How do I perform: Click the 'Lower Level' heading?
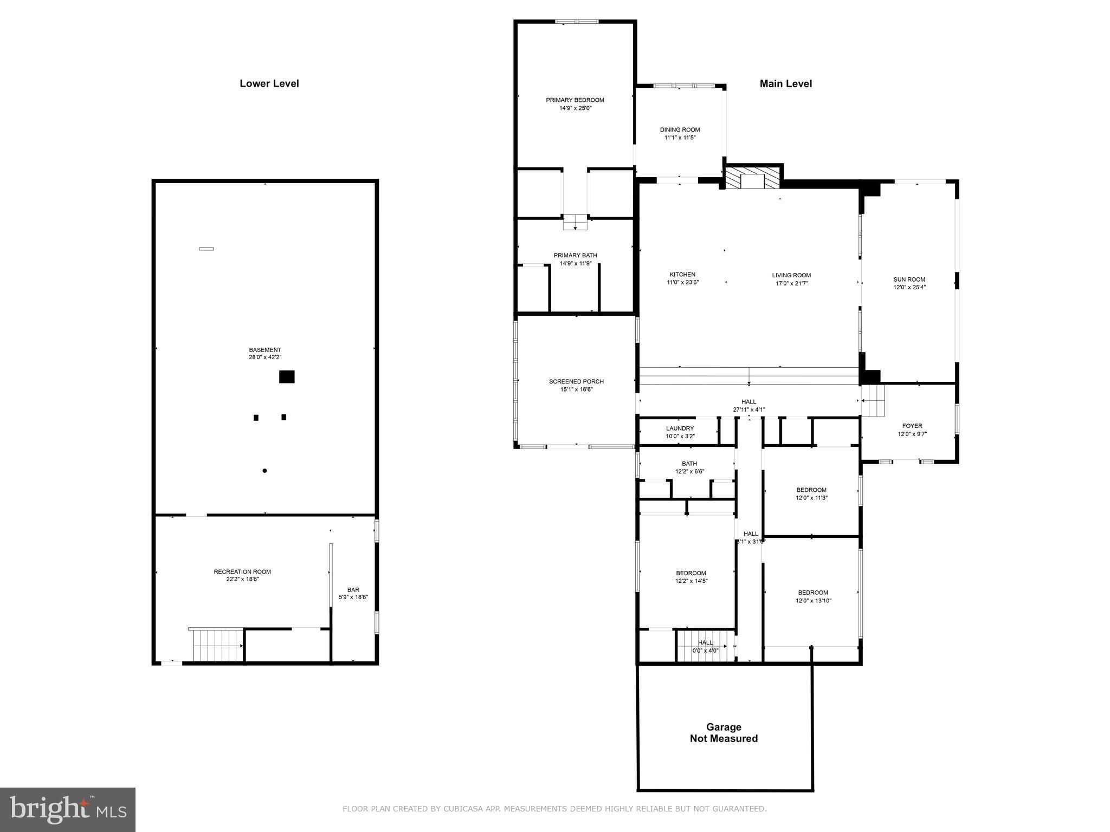pos(269,83)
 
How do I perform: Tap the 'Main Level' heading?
pos(785,83)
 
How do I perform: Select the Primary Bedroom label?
pos(575,100)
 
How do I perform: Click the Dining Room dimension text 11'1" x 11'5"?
pos(680,138)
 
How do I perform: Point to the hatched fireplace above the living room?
pos(752,178)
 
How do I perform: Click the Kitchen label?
pos(682,275)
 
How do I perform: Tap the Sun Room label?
pos(909,279)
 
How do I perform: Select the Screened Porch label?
pos(576,381)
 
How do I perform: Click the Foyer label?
pos(912,426)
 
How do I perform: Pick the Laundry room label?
pos(680,428)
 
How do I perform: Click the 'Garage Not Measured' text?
pos(723,733)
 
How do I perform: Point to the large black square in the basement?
pos(287,376)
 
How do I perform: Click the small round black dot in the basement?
pos(264,471)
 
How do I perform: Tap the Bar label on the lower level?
pos(353,590)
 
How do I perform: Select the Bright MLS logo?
pos(68,809)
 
